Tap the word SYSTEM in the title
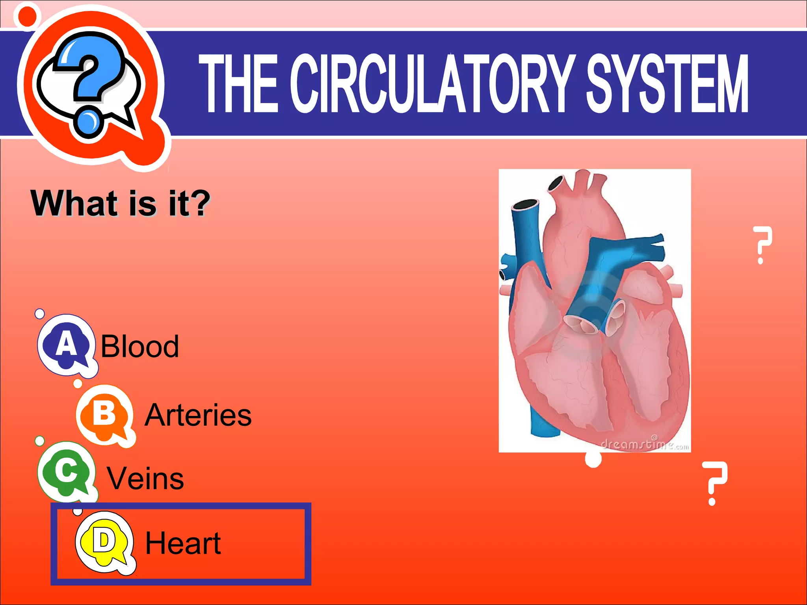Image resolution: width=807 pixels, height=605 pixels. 667,84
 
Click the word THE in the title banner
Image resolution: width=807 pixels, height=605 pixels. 239,84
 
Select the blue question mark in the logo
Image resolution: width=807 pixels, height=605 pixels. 89,79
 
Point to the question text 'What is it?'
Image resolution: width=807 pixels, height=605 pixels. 121,203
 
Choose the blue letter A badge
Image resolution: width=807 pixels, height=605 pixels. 66,344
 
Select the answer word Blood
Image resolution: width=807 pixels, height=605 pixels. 140,346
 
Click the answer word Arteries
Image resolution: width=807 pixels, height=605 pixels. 198,415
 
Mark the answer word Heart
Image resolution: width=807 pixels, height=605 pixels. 183,543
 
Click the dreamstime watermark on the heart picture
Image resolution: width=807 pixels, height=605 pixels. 645,445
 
